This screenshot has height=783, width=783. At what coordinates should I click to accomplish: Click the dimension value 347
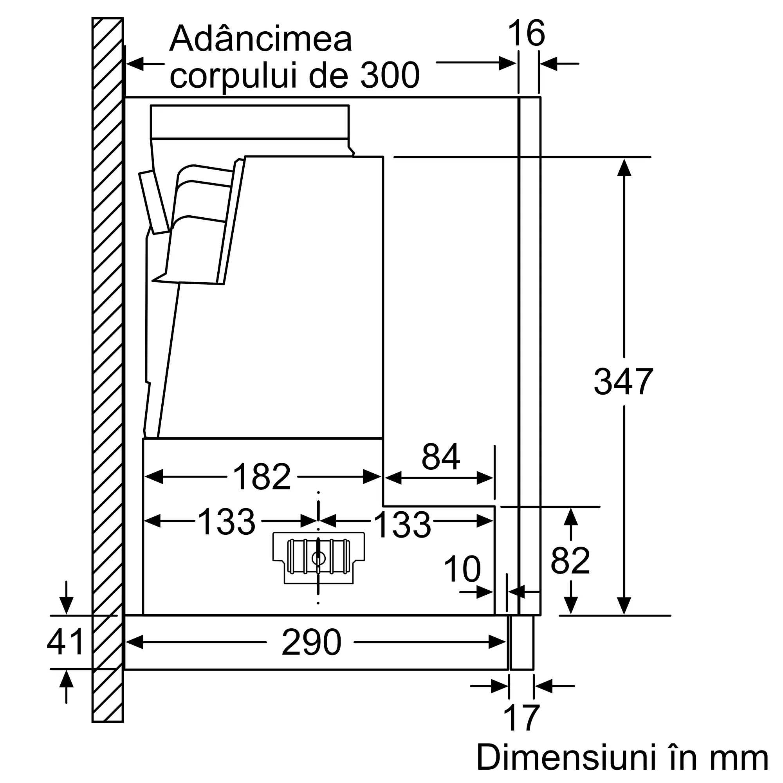click(623, 381)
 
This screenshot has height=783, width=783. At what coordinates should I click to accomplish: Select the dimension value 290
click(311, 642)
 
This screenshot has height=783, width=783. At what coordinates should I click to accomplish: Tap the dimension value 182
click(262, 476)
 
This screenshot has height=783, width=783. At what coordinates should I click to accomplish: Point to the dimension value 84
click(440, 456)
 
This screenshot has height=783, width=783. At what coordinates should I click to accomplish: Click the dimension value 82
click(570, 561)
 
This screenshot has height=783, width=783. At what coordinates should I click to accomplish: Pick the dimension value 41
click(65, 642)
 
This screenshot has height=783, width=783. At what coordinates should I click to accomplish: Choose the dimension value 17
click(521, 718)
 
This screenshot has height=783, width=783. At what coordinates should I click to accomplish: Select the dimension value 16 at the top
click(526, 33)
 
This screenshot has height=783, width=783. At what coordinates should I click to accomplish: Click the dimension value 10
click(462, 569)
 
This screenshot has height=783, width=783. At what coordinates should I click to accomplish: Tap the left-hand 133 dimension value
click(227, 521)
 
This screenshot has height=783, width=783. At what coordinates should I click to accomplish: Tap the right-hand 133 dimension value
click(402, 525)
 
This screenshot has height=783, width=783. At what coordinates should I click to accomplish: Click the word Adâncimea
click(261, 39)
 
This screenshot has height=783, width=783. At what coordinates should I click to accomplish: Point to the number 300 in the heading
click(390, 76)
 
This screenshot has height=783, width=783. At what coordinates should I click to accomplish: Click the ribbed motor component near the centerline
click(319, 558)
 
